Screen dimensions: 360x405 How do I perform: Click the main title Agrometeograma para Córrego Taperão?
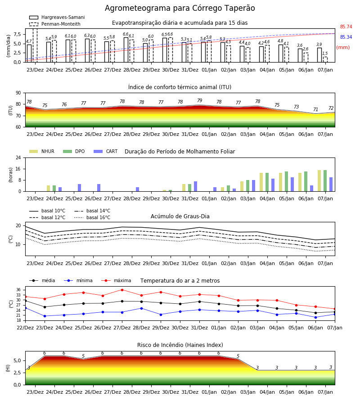pos(180,8)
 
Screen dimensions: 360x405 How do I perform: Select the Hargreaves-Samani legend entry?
pos(57,17)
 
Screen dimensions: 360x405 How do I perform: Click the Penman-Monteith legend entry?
pos(55,24)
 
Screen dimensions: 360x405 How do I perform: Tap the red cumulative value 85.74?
pos(346,27)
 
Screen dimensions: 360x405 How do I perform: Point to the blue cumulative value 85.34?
pos(346,37)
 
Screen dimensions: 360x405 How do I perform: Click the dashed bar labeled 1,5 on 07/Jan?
pos(325,59)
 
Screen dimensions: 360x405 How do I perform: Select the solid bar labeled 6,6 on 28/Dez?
pos(126,50)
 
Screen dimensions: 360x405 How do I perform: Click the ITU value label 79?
pos(200,100)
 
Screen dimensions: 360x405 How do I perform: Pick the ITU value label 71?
pos(315,109)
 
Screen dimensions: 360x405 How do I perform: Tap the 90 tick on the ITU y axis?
pos(18,93)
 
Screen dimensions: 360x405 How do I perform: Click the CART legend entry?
pos(106,151)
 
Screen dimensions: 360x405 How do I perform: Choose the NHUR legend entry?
pos(41,151)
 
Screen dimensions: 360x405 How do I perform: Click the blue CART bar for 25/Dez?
pos(80,188)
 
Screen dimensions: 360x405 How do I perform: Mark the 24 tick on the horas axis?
pos(18,157)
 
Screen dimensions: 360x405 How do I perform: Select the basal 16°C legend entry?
pos(92,217)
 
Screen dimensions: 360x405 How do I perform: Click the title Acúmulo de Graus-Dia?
pos(180,216)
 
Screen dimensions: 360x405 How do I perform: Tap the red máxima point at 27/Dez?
pos(122,290)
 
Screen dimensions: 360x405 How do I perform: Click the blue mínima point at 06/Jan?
pos(315,317)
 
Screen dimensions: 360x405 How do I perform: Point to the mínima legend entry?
pos(78,280)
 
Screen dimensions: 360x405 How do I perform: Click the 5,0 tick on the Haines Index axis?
pos(17,360)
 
